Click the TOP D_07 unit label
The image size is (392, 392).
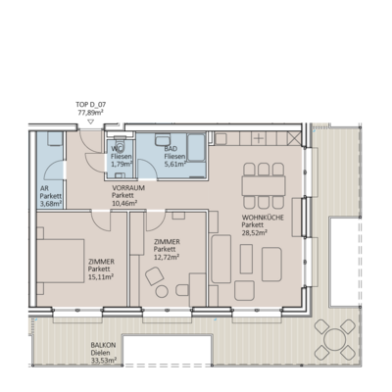pos(90,103)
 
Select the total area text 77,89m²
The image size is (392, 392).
pos(90,112)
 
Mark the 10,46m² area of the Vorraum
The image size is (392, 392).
pos(124,204)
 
